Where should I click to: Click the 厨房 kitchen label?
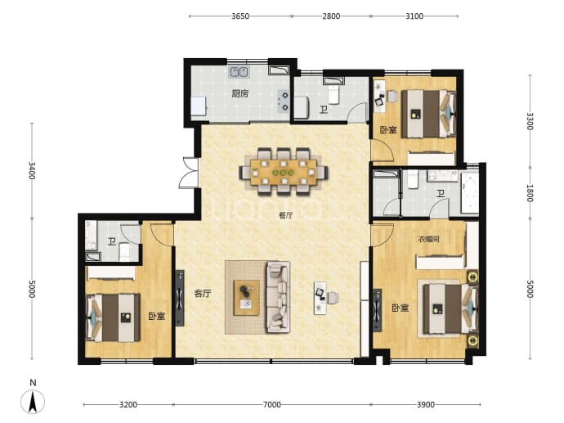pyautogui.click(x=240, y=94)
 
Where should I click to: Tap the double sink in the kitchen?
pyautogui.click(x=239, y=72)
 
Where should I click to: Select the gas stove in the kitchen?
pyautogui.click(x=284, y=101)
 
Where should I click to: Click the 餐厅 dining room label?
pyautogui.click(x=286, y=215)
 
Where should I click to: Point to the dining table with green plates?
pyautogui.click(x=284, y=172)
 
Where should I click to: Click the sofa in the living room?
pyautogui.click(x=278, y=297)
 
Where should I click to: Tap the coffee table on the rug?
pyautogui.click(x=247, y=298)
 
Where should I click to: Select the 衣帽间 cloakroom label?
pyautogui.click(x=428, y=239)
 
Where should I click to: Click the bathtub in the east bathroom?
pyautogui.click(x=470, y=193)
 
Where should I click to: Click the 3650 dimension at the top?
pyautogui.click(x=240, y=16)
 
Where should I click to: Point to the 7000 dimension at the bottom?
pyautogui.click(x=272, y=405)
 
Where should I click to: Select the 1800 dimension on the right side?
pyautogui.click(x=530, y=193)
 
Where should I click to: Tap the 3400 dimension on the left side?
pyautogui.click(x=32, y=171)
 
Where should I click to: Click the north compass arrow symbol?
pyautogui.click(x=33, y=402)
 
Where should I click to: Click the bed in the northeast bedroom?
pyautogui.click(x=429, y=114)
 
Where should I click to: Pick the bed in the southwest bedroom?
pyautogui.click(x=113, y=318)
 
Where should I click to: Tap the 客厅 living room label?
pyautogui.click(x=203, y=294)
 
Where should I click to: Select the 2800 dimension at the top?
pyautogui.click(x=331, y=16)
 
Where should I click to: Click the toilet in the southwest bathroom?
pyautogui.click(x=124, y=252)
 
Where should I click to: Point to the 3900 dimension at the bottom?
pyautogui.click(x=426, y=405)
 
